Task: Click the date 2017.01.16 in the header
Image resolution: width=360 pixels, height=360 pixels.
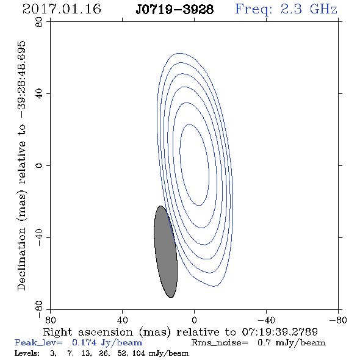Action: [x=62, y=9]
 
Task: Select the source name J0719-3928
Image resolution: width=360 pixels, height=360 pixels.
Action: [x=175, y=10]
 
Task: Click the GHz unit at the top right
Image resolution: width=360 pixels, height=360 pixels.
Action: [x=323, y=9]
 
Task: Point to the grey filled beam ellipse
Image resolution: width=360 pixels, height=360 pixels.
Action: [x=165, y=251]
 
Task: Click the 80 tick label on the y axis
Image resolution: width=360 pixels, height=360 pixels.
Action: [x=39, y=22]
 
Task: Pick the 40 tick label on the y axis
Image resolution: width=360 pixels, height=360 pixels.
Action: [x=39, y=94]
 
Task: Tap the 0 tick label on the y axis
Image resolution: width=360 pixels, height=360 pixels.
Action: [x=39, y=165]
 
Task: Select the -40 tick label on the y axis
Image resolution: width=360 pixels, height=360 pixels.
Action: [x=39, y=237]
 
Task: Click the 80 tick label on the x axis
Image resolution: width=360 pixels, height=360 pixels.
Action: [x=50, y=320]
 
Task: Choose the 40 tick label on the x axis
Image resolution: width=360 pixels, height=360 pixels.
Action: [x=122, y=320]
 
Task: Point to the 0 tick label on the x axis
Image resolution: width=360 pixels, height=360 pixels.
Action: [x=194, y=320]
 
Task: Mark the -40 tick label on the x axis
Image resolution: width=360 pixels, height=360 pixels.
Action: [x=266, y=320]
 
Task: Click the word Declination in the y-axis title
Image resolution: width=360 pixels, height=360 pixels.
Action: [x=21, y=259]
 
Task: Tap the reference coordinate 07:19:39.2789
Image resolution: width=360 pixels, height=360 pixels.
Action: [x=280, y=332]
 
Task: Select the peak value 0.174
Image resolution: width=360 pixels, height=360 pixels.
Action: [x=84, y=343]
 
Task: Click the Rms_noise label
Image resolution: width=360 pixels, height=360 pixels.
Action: [x=220, y=343]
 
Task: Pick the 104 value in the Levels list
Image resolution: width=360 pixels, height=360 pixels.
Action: [x=139, y=353]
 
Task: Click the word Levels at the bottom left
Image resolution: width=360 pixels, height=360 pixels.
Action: [x=27, y=353]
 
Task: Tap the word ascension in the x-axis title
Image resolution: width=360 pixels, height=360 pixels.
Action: [x=106, y=332]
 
